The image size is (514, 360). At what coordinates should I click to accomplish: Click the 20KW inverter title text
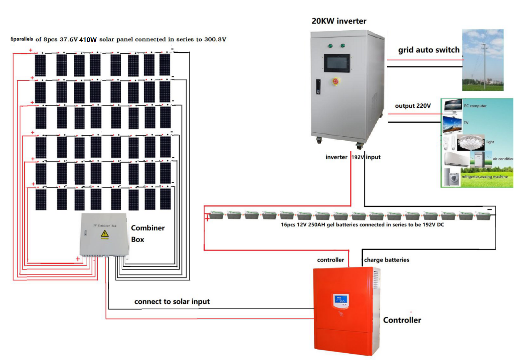[x=339, y=21]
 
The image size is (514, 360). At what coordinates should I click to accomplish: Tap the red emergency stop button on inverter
[x=336, y=81]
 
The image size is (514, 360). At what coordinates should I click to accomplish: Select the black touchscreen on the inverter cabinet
[x=337, y=63]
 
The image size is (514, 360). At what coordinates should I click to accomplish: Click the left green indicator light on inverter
[x=330, y=46]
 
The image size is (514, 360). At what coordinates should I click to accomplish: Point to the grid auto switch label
[x=428, y=50]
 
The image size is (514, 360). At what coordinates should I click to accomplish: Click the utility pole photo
[x=483, y=60]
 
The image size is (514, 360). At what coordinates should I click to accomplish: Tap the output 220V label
[x=413, y=106]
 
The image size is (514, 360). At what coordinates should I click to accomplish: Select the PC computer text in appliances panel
[x=475, y=106]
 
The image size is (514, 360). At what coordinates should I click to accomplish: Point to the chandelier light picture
[x=470, y=143]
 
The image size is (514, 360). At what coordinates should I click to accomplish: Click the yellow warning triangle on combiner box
[x=105, y=234]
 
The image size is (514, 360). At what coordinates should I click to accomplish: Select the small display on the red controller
[x=341, y=301]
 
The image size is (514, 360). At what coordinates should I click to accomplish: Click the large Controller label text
[x=402, y=320]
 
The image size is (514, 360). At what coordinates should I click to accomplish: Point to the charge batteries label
[x=387, y=260]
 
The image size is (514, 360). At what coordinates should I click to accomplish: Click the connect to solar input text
[x=172, y=301]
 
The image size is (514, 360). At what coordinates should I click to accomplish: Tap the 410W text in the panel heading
[x=88, y=40]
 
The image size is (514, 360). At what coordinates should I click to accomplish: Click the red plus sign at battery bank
[x=207, y=219]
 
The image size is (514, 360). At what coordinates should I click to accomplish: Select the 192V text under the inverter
[x=358, y=157]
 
